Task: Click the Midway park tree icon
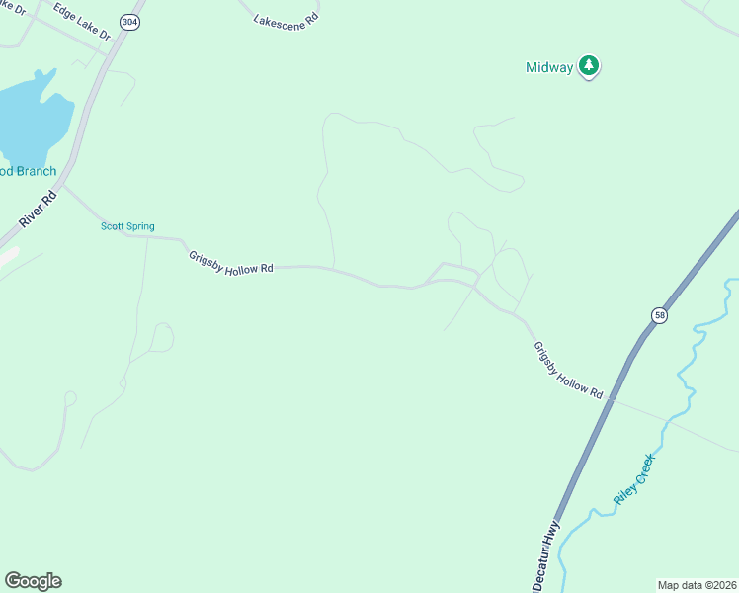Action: click(x=590, y=66)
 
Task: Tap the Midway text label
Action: click(x=548, y=67)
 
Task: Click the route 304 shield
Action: click(x=129, y=21)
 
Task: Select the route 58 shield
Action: click(x=659, y=314)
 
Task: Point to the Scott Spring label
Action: click(x=127, y=226)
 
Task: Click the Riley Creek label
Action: click(x=633, y=479)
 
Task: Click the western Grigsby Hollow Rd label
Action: click(x=230, y=263)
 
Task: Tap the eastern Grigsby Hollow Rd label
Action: click(x=568, y=370)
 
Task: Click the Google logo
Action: click(x=33, y=581)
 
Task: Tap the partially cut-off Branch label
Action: click(x=28, y=171)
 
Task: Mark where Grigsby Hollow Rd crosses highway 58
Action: click(x=612, y=400)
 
